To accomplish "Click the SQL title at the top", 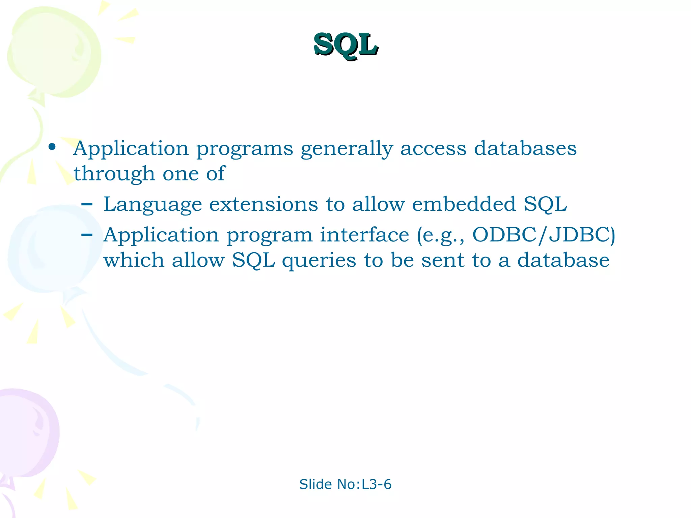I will click(345, 45).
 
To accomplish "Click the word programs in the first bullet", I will click(245, 149).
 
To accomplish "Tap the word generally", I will click(347, 149).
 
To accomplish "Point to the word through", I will click(114, 174).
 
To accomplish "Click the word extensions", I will click(264, 204).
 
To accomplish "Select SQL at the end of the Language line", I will click(545, 204).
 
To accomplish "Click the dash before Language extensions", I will click(87, 204).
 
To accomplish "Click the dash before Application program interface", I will click(87, 235).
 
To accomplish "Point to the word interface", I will click(364, 235).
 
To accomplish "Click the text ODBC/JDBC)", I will click(543, 235).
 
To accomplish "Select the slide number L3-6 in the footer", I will click(377, 484).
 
